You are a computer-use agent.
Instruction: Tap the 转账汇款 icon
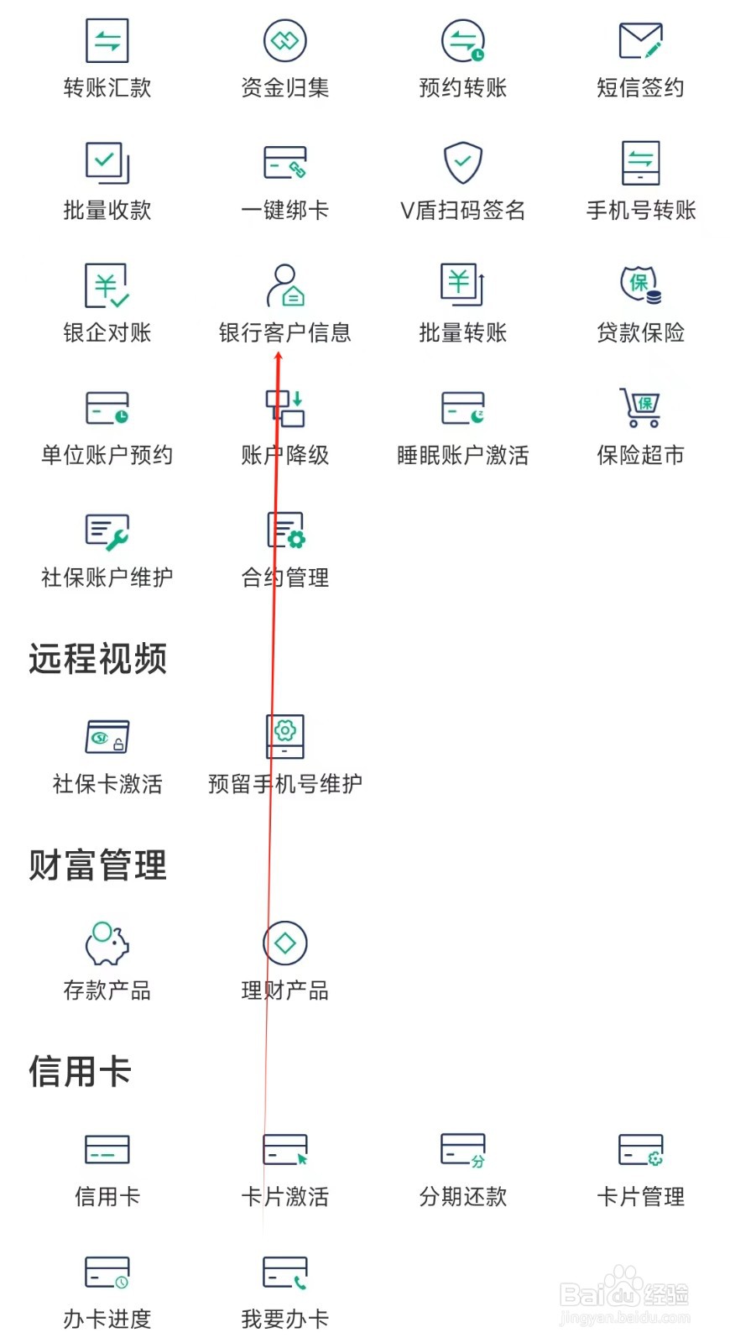[107, 40]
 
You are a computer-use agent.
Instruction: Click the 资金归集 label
[284, 87]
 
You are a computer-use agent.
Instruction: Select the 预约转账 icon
[463, 40]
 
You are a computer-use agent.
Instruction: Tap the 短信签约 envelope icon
[640, 40]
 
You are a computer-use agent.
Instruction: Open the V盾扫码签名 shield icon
[463, 162]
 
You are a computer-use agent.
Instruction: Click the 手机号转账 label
[641, 210]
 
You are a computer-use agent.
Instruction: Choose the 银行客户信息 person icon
[284, 285]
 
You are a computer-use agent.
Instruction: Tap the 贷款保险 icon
[640, 285]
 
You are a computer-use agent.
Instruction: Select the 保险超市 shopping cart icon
[640, 407]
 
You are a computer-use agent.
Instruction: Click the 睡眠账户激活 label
[463, 455]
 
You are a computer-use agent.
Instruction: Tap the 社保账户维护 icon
[107, 530]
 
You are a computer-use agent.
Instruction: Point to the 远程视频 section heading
[98, 659]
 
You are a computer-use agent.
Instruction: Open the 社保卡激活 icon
[107, 737]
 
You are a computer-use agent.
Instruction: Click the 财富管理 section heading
[98, 865]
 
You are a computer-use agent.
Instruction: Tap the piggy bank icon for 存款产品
[107, 943]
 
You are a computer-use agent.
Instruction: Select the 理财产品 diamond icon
[285, 943]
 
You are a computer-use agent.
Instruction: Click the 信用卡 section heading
[81, 1071]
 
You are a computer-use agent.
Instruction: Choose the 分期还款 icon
[463, 1150]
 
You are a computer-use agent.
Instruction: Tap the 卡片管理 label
[640, 1197]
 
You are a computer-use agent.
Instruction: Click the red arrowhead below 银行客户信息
[279, 358]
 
